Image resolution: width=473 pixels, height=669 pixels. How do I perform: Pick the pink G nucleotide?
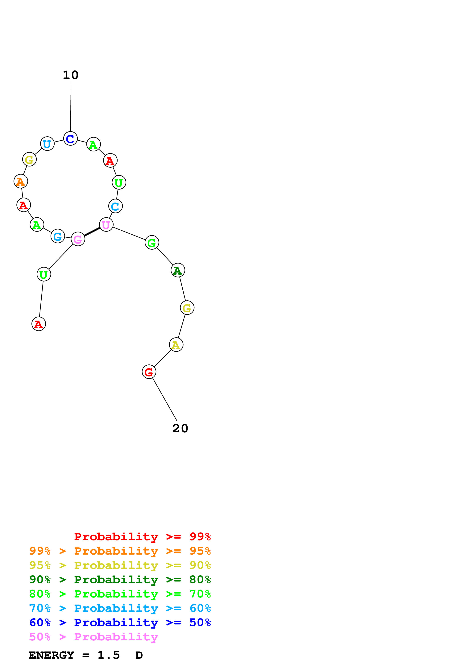(x=78, y=239)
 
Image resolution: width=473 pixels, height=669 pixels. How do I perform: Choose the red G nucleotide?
(x=149, y=372)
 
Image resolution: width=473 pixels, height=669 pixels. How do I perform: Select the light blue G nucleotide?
(x=58, y=236)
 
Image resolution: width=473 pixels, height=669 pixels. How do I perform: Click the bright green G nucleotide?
(x=152, y=242)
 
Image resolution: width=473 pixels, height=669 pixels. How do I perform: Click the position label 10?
(x=71, y=75)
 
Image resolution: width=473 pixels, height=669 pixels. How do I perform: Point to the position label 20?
(x=180, y=428)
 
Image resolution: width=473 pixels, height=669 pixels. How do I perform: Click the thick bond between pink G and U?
(x=92, y=232)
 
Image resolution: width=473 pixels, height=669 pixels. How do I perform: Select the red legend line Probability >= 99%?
(x=142, y=537)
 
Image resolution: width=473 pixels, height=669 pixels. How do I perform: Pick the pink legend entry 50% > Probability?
(x=93, y=637)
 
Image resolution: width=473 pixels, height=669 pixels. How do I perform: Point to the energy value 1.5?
(x=108, y=655)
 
